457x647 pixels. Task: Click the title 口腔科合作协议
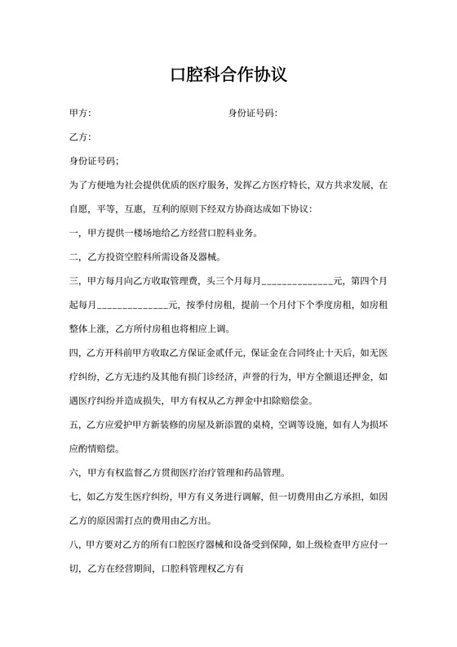(228, 75)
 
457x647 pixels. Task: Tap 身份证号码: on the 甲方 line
(252, 112)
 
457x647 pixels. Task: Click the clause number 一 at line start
(74, 233)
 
